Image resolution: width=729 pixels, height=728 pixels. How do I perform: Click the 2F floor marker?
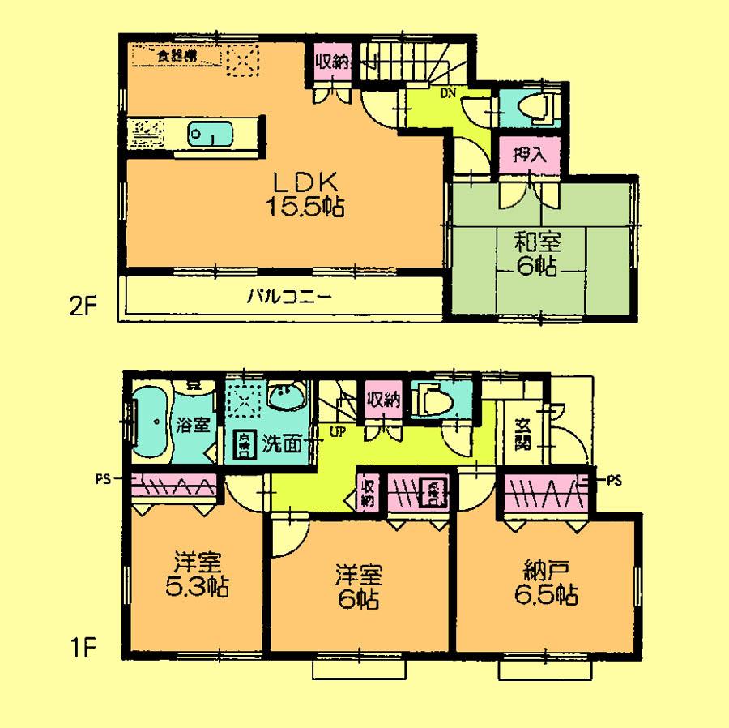pyautogui.click(x=82, y=306)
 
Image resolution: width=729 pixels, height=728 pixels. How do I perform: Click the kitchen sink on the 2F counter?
pyautogui.click(x=210, y=133)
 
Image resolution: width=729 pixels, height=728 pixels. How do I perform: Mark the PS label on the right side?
pyautogui.click(x=613, y=478)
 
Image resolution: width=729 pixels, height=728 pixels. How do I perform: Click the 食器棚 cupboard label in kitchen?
pyautogui.click(x=175, y=57)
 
